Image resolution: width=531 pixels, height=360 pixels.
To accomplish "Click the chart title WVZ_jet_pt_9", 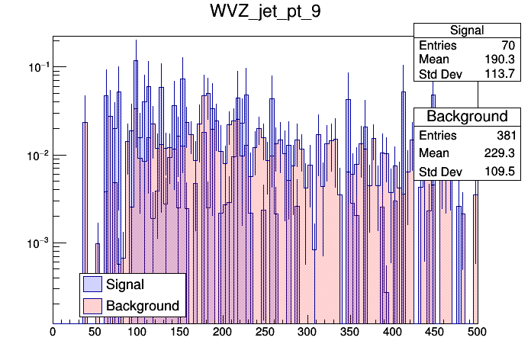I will [265, 14].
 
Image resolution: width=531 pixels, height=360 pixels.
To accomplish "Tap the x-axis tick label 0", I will [53, 333].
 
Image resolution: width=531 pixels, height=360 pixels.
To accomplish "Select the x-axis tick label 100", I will [137, 333].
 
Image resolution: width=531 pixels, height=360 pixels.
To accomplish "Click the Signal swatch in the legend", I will [92, 284].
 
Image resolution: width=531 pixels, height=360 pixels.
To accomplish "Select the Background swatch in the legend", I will [92, 306].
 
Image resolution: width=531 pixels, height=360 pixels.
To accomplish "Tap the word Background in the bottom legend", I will [143, 306].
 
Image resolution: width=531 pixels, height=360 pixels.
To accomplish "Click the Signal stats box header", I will [467, 31].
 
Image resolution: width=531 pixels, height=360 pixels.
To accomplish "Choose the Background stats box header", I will [467, 116].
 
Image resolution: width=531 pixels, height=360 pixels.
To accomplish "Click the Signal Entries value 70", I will [507, 45].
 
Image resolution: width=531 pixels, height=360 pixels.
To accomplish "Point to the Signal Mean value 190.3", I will [500, 59].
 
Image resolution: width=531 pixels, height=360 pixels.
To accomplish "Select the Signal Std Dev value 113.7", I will [500, 74].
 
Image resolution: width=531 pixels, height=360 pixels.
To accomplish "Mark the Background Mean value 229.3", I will [500, 153].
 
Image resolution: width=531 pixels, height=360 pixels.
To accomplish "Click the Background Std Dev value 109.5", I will [500, 171].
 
